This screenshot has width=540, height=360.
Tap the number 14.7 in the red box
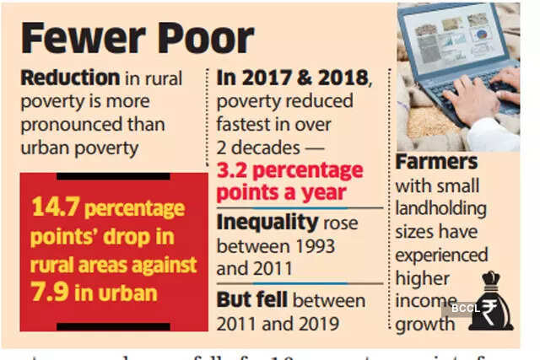pos(53,207)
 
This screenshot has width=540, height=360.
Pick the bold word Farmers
pos(437,161)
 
